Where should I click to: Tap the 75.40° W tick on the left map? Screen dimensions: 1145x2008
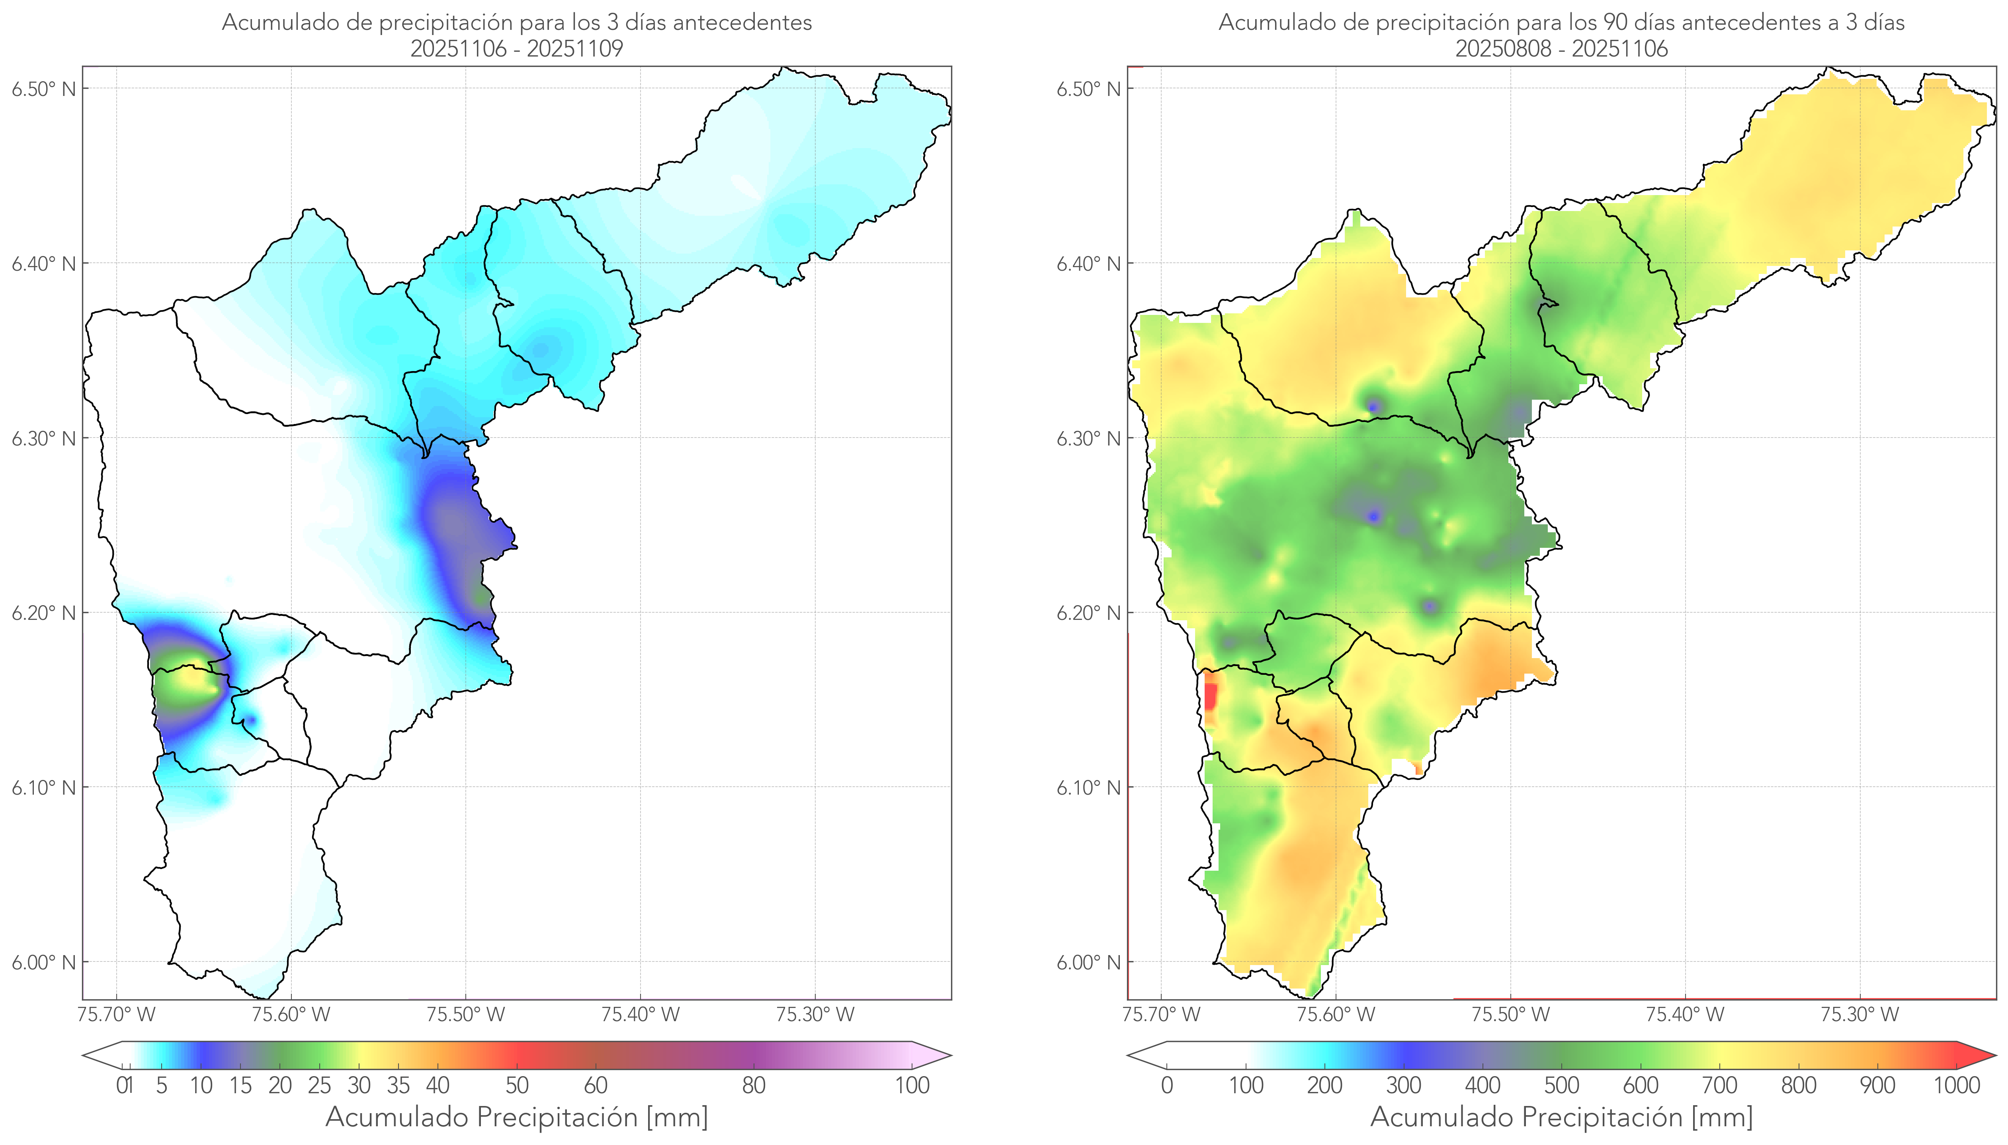640,1014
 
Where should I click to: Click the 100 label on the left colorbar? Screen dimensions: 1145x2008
912,1086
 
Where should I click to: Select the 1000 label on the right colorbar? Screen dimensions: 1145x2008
1956,1086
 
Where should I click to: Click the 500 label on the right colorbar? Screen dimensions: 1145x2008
1561,1086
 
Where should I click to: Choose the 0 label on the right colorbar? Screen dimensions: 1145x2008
1167,1086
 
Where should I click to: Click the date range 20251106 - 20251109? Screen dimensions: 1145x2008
517,49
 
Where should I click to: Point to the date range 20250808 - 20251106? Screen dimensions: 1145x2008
1561,49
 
